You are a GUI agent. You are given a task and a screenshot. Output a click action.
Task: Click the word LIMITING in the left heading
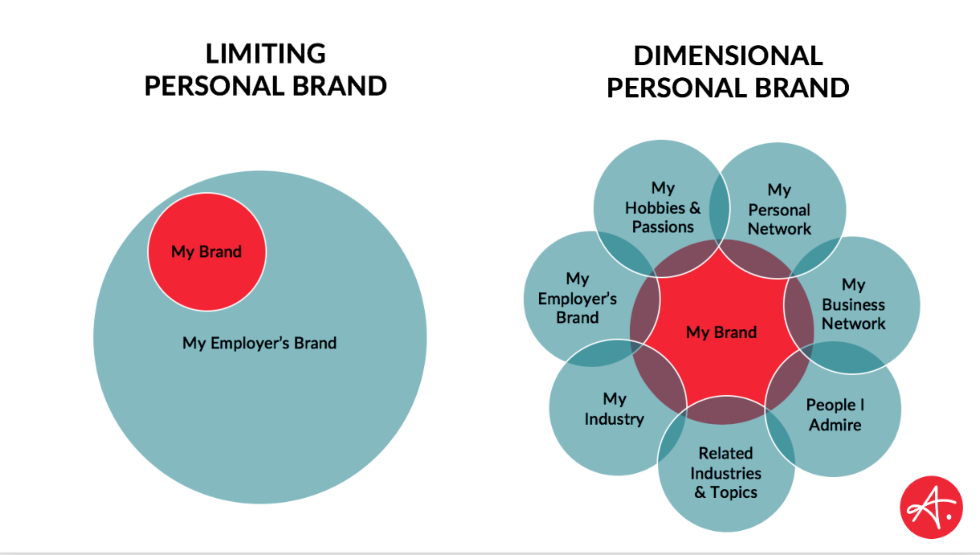[x=266, y=53]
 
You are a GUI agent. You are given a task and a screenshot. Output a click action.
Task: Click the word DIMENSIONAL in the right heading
[x=728, y=55]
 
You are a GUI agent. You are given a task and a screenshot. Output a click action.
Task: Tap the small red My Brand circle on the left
[x=206, y=252]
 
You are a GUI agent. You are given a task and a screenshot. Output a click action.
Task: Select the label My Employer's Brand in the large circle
[x=259, y=343]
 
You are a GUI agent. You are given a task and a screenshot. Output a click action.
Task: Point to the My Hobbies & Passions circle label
[x=663, y=207]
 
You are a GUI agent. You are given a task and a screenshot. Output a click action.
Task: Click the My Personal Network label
[x=779, y=210]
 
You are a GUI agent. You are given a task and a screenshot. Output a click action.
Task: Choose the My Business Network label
[x=853, y=304]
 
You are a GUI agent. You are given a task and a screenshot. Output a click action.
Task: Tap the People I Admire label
[x=835, y=414]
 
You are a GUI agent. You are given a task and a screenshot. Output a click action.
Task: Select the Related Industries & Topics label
[x=726, y=473]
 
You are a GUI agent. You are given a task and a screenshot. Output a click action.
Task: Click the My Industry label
[x=615, y=409]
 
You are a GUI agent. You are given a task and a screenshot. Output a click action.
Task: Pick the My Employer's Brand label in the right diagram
[x=577, y=298]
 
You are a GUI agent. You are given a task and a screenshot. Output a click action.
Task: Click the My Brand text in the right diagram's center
[x=721, y=333]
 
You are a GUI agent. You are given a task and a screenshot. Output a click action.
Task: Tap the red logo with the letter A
[x=931, y=508]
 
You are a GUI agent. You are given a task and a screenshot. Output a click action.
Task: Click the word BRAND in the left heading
[x=340, y=86]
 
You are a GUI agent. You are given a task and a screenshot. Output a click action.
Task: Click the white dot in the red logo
[x=949, y=516]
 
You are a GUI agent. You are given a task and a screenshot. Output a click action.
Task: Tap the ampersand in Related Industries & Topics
[x=700, y=492]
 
